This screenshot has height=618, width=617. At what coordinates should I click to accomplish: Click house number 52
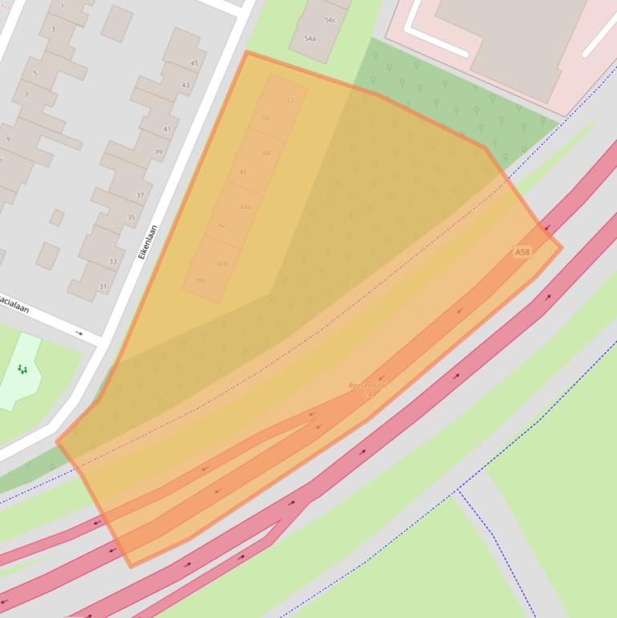coord(290,100)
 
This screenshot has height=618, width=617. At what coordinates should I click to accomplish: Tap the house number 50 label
coord(266,117)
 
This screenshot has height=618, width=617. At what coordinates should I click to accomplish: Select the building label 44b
coord(246,207)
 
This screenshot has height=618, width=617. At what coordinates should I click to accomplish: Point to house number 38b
coord(200,281)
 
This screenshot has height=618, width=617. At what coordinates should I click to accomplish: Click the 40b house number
coord(222,263)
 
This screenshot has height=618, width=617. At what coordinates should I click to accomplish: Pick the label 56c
coord(330,20)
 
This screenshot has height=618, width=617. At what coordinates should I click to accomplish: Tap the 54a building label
coord(310,39)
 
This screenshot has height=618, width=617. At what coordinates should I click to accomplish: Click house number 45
coord(194,63)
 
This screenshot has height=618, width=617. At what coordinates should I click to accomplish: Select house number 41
coord(168,129)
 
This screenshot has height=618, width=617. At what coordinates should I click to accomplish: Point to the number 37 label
coord(140,195)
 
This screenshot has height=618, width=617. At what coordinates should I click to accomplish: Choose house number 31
coord(103,287)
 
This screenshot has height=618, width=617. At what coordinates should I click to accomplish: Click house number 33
coord(113,261)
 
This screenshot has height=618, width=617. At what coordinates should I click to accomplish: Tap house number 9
coord(8,140)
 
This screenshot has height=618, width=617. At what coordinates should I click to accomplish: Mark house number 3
coord(54,30)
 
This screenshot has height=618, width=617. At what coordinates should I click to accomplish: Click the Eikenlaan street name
coord(147,241)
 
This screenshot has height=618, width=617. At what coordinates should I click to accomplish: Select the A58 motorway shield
coord(522,252)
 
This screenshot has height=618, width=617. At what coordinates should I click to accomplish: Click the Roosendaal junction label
coord(367,386)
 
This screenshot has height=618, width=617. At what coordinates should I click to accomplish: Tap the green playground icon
coord(22,369)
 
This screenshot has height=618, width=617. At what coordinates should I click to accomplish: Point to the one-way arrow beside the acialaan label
coord(79,333)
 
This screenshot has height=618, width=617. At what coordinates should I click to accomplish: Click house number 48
coord(266,153)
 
